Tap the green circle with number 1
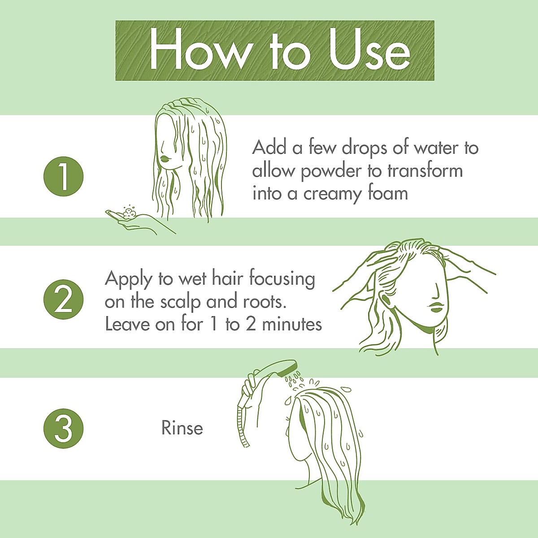click(x=64, y=176)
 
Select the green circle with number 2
click(x=64, y=300)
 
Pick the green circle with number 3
click(x=64, y=429)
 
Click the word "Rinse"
click(x=182, y=428)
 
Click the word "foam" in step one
click(x=386, y=194)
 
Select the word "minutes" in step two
click(x=292, y=324)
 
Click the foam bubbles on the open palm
click(x=130, y=212)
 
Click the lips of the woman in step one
click(x=165, y=158)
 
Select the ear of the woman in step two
click(x=385, y=299)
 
